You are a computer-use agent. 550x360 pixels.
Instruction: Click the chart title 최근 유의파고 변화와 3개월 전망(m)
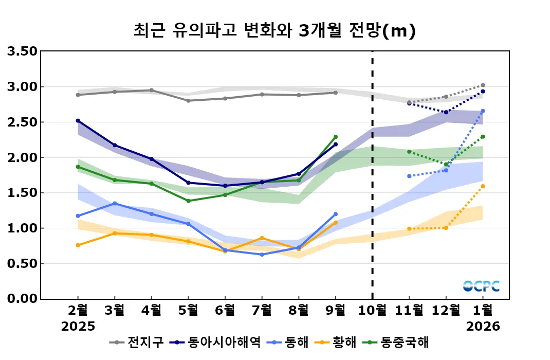tap(274, 30)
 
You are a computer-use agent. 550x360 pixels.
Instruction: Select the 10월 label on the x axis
tap(372, 310)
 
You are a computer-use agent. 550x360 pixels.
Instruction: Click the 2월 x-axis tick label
tap(78, 310)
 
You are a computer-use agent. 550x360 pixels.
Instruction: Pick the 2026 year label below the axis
tap(483, 327)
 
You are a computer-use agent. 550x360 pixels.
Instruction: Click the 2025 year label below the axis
tap(78, 327)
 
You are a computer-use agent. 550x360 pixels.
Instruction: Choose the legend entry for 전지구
tap(138, 343)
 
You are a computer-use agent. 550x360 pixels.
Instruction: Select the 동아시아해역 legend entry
tap(216, 343)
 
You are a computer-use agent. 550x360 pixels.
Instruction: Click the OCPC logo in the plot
tap(481, 286)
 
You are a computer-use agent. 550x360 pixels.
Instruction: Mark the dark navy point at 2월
tap(78, 120)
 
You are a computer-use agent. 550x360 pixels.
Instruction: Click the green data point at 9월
tap(336, 137)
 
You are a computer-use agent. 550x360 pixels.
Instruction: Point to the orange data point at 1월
tap(483, 186)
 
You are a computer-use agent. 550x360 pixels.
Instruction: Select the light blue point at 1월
tap(483, 111)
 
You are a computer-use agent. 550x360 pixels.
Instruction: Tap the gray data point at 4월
tap(152, 90)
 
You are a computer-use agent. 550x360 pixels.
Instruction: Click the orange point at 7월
tap(262, 238)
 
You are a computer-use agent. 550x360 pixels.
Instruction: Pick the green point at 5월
tap(189, 201)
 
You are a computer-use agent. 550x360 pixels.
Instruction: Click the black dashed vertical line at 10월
tap(372, 175)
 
